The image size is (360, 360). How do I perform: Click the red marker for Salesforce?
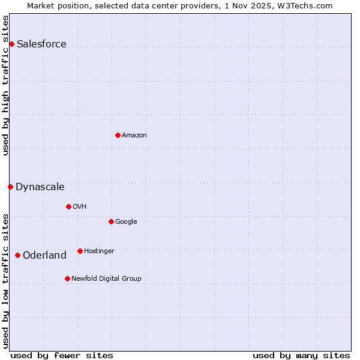(11, 44)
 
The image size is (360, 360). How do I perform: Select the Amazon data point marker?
(118, 135)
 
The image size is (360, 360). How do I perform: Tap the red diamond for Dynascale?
(10, 187)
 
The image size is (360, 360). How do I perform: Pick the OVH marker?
(68, 206)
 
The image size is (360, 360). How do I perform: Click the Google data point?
(111, 221)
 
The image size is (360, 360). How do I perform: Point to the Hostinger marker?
(80, 251)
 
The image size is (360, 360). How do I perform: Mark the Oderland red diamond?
(17, 255)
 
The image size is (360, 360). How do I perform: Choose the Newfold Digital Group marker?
(67, 278)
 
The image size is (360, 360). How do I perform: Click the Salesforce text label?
(41, 44)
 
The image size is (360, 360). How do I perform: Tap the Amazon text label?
(134, 135)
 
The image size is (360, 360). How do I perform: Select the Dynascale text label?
(40, 187)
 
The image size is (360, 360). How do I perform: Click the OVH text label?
(80, 206)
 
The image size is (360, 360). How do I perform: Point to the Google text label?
(126, 221)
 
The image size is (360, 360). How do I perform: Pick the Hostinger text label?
(99, 251)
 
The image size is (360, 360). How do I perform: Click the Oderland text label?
(44, 255)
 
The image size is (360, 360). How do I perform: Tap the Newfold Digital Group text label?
(106, 278)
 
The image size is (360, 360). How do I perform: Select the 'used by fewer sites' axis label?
(62, 355)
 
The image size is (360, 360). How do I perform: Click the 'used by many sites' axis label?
(301, 355)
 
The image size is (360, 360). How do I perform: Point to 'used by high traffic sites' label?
(5, 85)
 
